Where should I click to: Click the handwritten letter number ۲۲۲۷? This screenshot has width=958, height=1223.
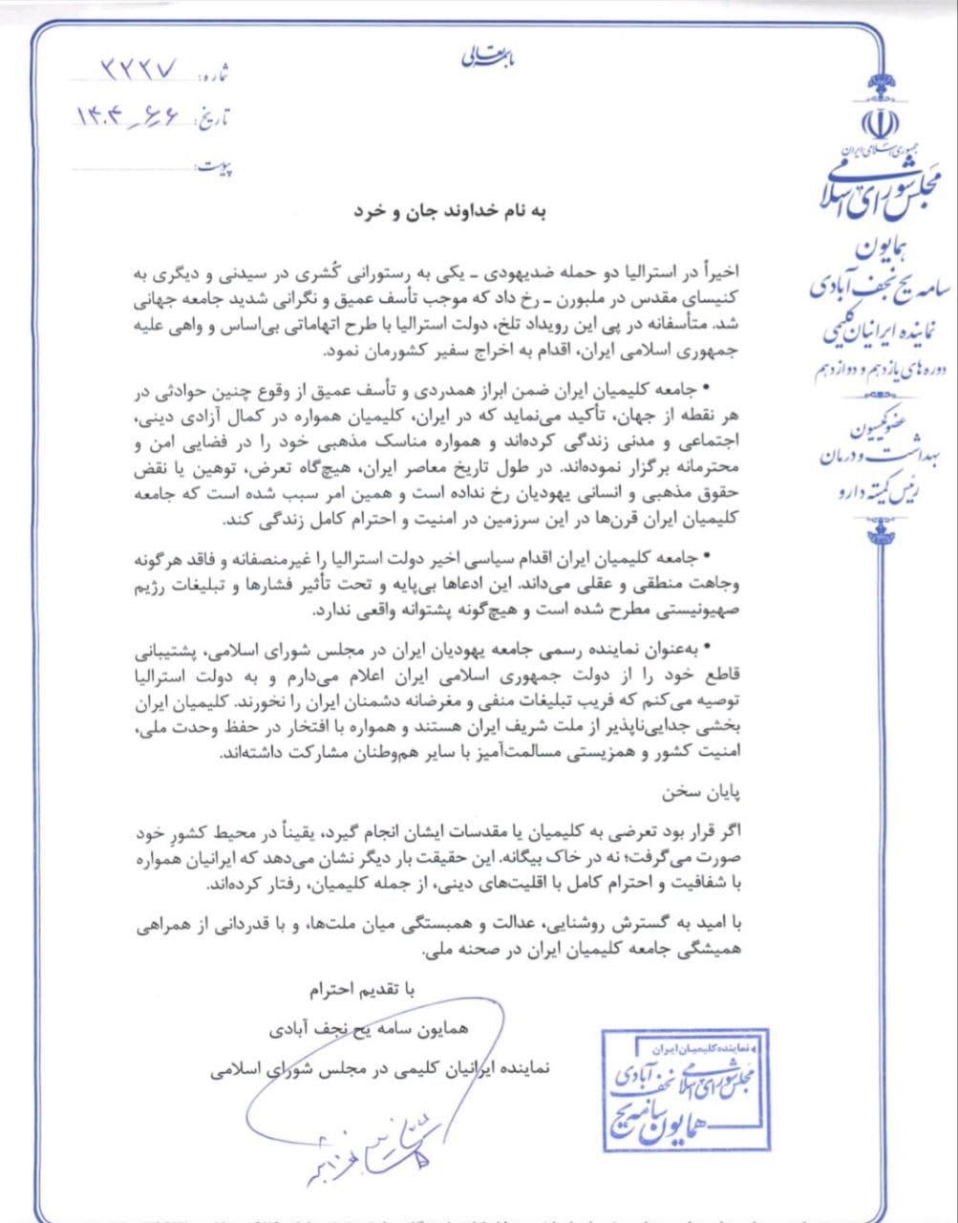(x=139, y=71)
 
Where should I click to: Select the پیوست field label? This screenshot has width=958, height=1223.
(x=215, y=169)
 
